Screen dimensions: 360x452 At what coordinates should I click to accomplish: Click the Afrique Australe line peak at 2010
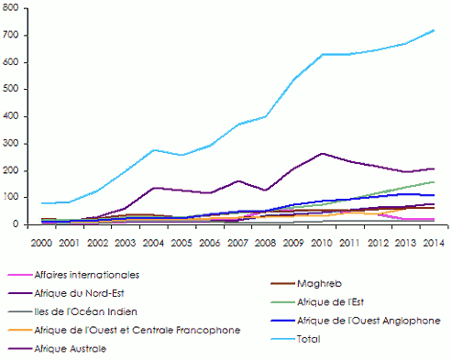pos(322,153)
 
